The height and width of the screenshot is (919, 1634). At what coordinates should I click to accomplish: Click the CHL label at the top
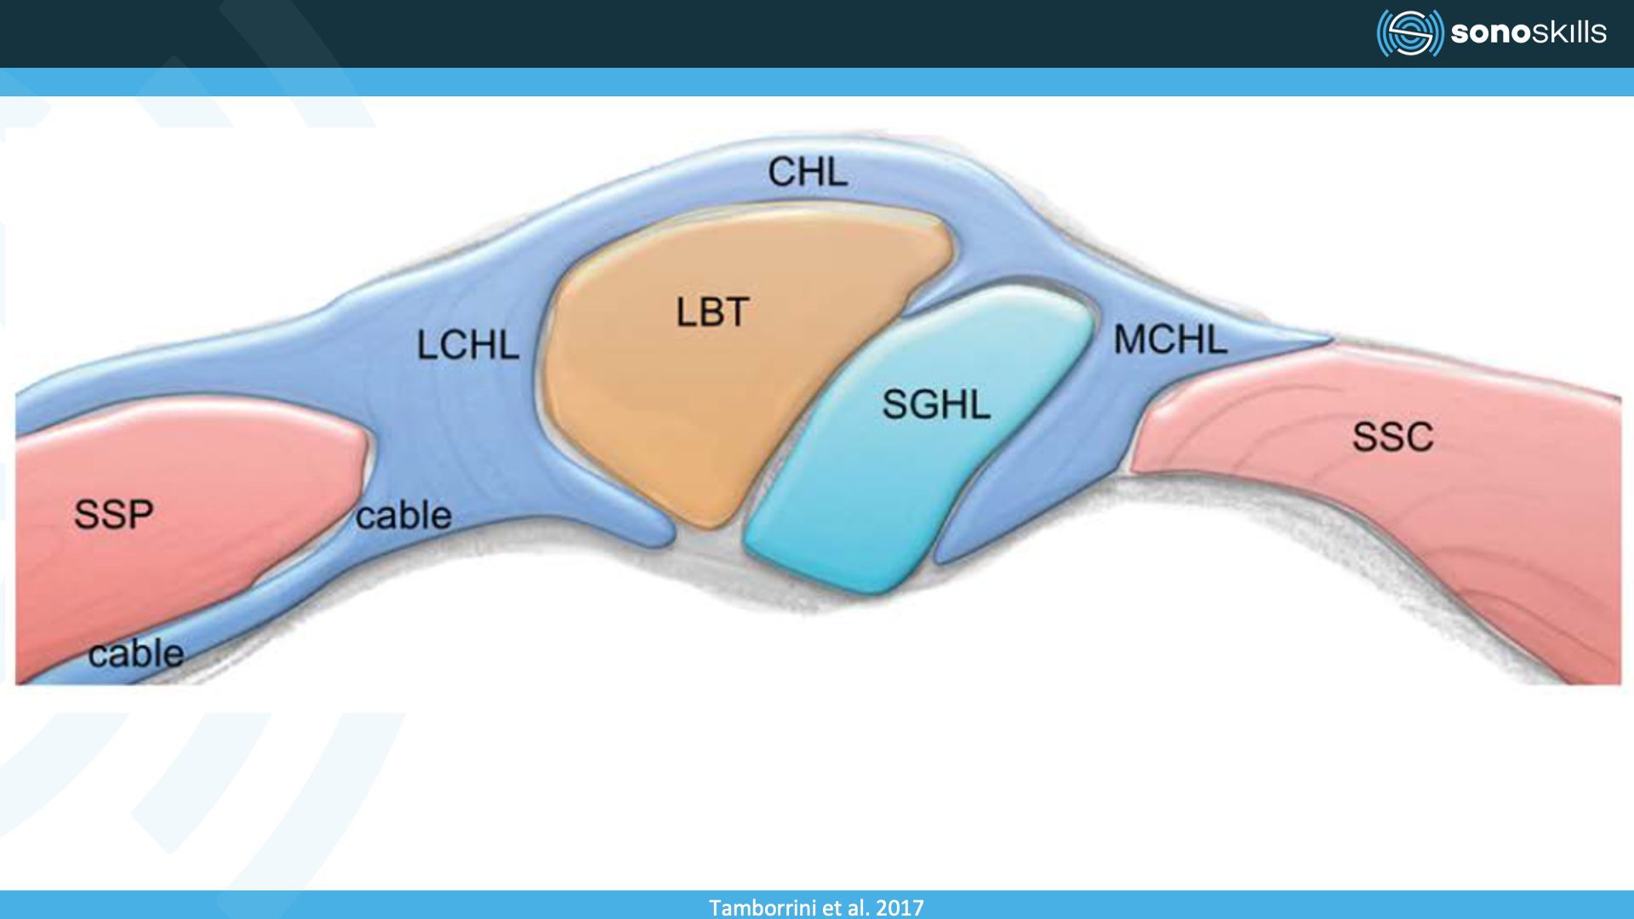[807, 173]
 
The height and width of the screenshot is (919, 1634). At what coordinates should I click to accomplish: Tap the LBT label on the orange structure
[712, 312]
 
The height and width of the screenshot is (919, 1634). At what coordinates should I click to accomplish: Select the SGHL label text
[935, 404]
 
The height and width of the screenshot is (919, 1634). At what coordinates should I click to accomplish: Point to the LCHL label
[467, 345]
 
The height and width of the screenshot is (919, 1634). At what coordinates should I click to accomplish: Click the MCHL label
[1170, 340]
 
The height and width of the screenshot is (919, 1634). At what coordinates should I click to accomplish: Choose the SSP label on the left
[113, 514]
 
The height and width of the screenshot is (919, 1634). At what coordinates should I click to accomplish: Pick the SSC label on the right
[1392, 437]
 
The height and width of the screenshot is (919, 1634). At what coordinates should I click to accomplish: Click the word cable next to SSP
[403, 516]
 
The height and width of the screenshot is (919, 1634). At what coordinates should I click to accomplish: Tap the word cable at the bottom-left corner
[136, 654]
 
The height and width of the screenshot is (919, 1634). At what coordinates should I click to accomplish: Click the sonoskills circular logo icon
[1409, 33]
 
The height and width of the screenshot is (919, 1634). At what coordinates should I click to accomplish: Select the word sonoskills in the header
[1528, 32]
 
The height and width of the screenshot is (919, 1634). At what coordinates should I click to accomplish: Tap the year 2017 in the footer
[900, 907]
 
